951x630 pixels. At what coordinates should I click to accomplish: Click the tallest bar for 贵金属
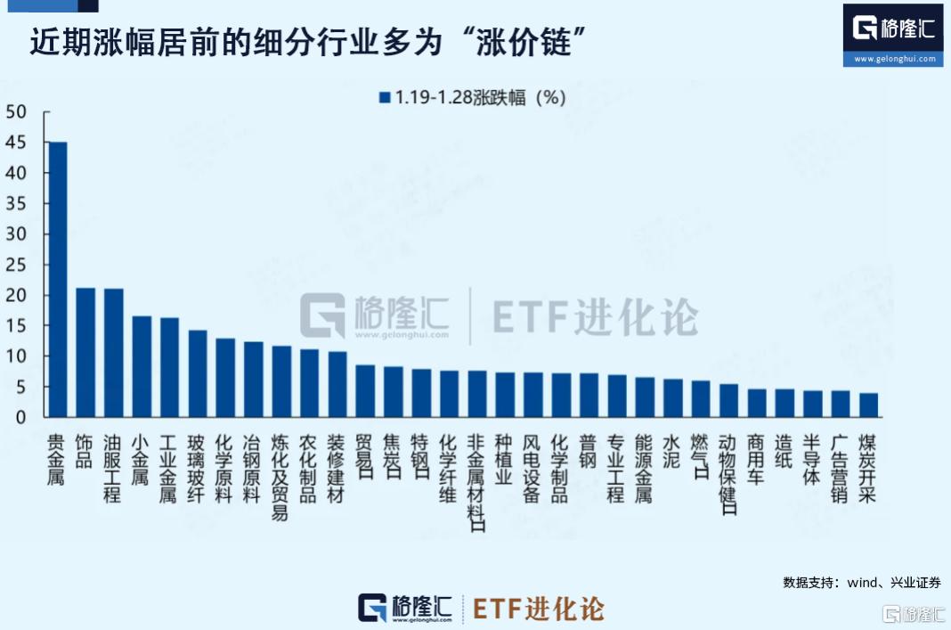pos(57,279)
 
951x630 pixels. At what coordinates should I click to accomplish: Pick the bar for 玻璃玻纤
pos(197,373)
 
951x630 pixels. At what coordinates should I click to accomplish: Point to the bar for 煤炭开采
pos(868,405)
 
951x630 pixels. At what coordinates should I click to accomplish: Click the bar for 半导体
pos(812,404)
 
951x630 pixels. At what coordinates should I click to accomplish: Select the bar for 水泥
pos(672,397)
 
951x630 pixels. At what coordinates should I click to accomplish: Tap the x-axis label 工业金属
pos(168,468)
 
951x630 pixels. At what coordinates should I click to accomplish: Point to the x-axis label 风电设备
pos(532,468)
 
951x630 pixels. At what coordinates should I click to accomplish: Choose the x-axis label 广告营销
pos(840,468)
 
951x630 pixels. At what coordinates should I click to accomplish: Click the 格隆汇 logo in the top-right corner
pos(893,34)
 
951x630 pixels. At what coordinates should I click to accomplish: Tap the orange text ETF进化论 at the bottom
pos(539,609)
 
